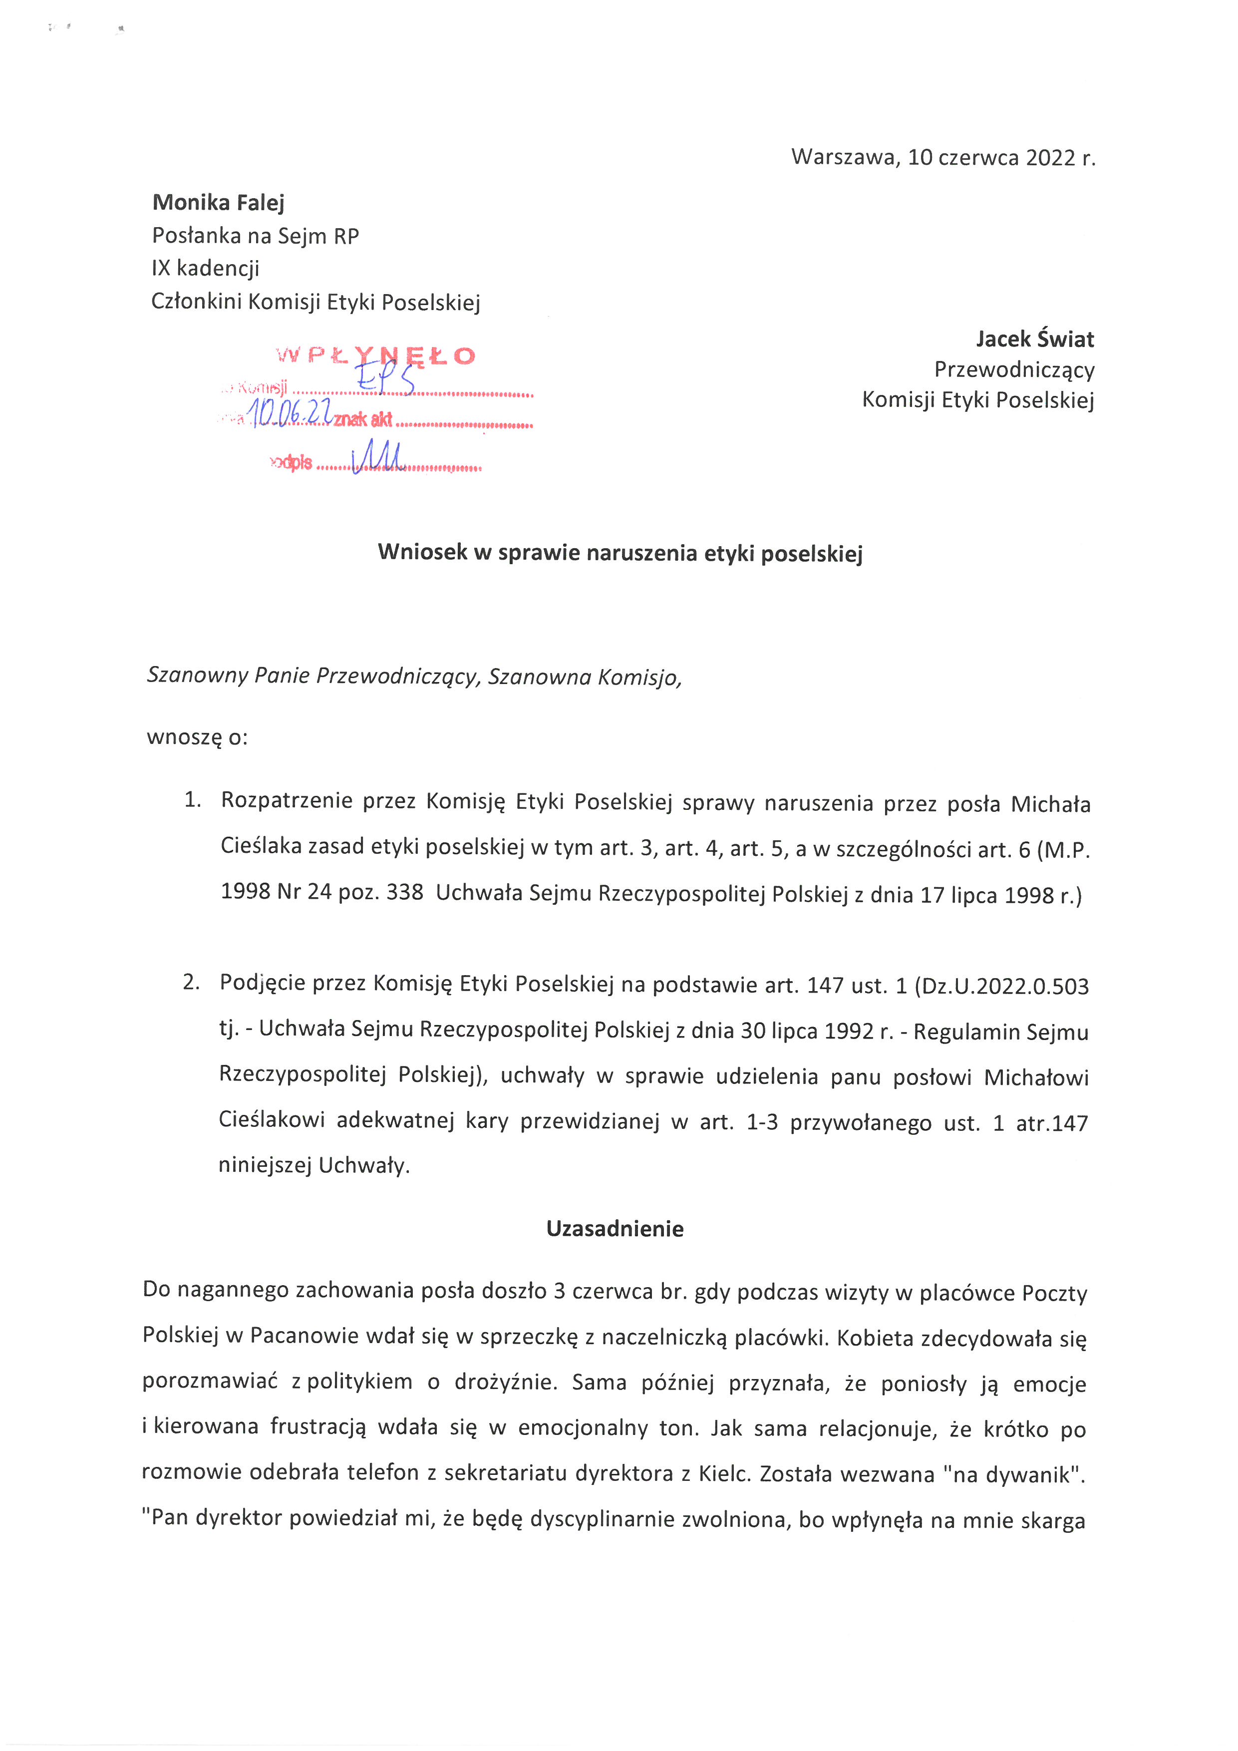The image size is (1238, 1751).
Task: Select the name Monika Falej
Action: point(218,203)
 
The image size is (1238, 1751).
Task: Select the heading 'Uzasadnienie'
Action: point(615,1229)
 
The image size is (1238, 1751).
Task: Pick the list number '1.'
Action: point(192,800)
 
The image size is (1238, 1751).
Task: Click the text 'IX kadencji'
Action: point(206,269)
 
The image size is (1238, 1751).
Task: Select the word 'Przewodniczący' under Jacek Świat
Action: point(1014,370)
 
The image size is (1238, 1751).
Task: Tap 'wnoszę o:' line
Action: point(197,737)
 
